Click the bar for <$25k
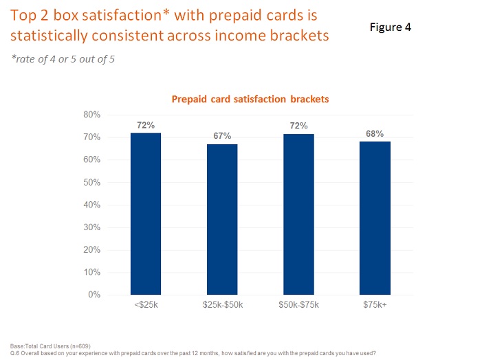(146, 214)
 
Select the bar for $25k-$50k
(222, 219)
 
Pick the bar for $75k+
(375, 218)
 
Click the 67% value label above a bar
(222, 136)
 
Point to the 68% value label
(375, 133)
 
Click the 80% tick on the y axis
(93, 115)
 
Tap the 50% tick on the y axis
(93, 182)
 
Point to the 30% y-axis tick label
(93, 227)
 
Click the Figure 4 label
(386, 27)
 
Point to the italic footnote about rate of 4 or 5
(63, 59)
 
